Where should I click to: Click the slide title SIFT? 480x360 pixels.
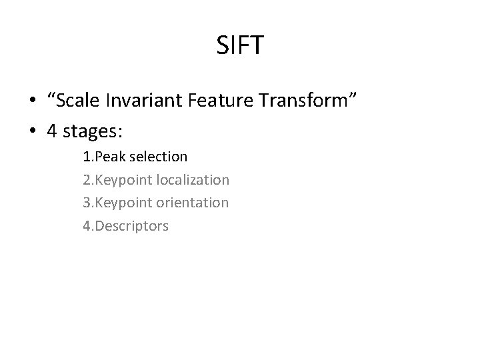(x=240, y=46)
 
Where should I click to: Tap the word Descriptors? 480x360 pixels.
(x=131, y=226)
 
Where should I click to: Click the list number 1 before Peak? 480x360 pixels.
(x=87, y=157)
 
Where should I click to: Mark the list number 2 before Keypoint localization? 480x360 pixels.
(x=87, y=180)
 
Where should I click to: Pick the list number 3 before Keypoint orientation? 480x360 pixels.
(x=87, y=203)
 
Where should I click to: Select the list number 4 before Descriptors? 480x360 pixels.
(x=87, y=226)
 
